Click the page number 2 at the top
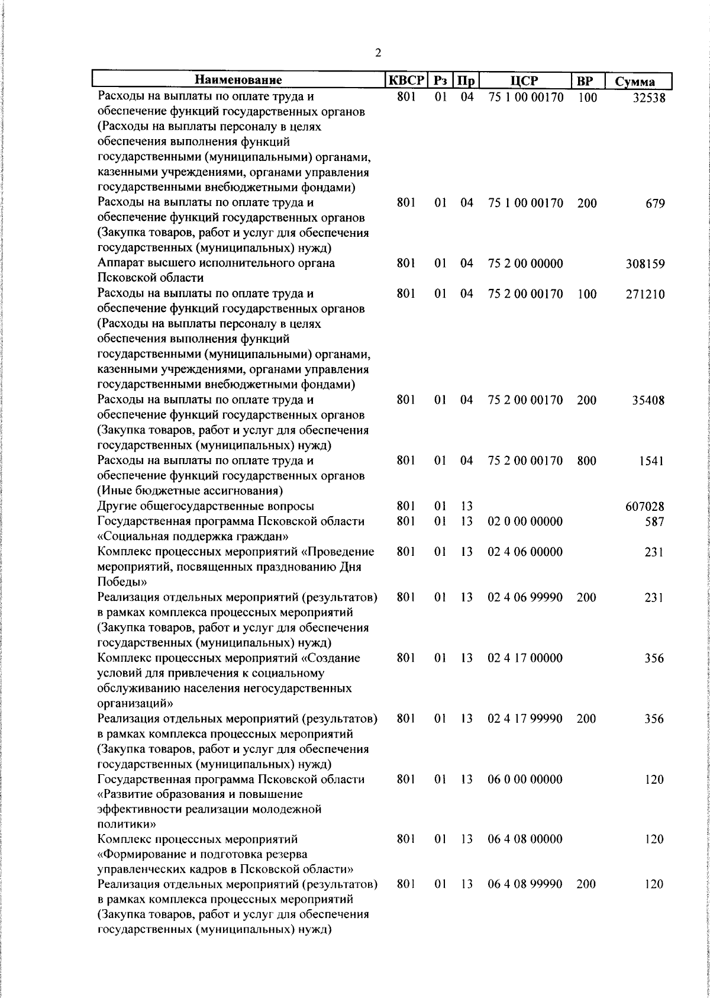coord(378,53)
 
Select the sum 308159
coord(645,264)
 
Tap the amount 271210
coord(645,294)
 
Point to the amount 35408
coord(648,400)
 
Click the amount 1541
coord(651,461)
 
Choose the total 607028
coord(645,507)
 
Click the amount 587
coord(654,522)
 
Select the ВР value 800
coord(586,461)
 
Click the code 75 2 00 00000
coord(525,263)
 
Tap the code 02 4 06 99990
coord(525,598)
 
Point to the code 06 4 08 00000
coord(525,839)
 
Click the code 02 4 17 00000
coord(525,658)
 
